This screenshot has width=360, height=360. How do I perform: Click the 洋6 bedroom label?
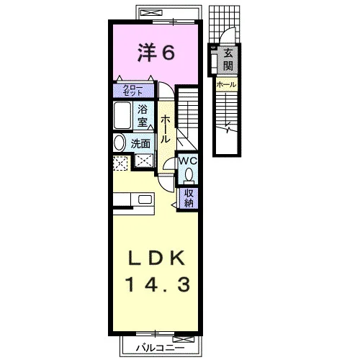point(156,53)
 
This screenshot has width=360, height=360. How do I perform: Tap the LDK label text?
point(157,258)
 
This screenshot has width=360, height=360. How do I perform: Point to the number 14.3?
point(158,284)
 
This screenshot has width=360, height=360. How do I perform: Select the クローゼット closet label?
point(133,91)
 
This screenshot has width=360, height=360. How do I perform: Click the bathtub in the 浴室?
point(122,115)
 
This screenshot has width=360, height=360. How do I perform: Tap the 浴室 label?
point(143,117)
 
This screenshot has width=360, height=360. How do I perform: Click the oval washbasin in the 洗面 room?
point(120,143)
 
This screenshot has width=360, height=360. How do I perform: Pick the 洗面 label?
point(140,144)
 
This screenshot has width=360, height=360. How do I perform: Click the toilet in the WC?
point(189,175)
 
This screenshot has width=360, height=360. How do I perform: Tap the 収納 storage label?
point(189,198)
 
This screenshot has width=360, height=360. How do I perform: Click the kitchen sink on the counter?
point(145,199)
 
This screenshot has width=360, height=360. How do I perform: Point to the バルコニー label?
point(161,348)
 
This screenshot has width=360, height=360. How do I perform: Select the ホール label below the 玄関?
point(226,84)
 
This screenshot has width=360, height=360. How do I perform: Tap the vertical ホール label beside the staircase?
point(165,129)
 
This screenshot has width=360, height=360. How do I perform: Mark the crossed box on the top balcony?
point(152,12)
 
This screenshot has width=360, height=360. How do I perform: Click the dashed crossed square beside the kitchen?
point(120,163)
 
